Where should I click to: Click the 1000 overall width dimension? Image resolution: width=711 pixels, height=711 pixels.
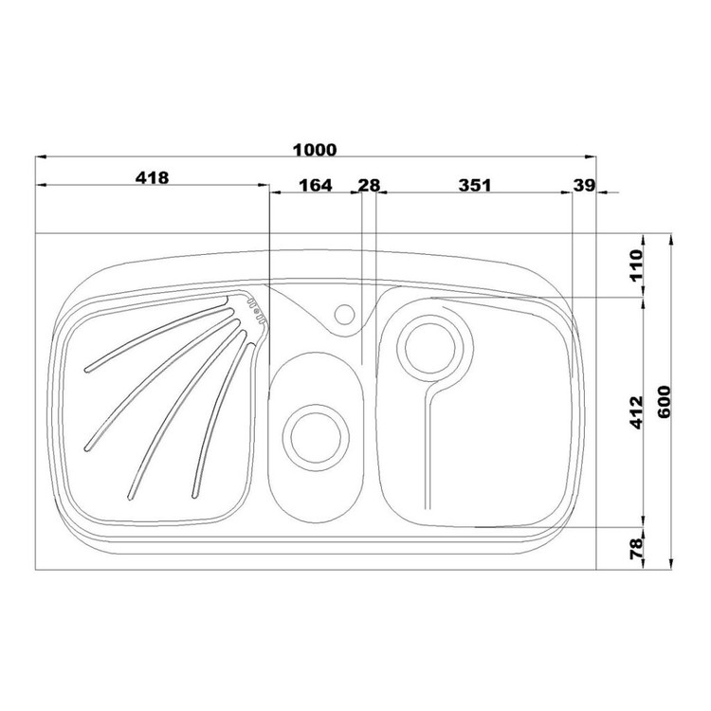(315, 150)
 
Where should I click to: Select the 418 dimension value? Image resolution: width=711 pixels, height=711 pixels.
(152, 177)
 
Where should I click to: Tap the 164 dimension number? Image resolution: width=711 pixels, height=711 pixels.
(316, 185)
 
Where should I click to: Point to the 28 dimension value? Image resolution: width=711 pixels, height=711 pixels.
(369, 185)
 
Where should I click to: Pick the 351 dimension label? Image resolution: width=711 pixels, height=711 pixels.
(475, 185)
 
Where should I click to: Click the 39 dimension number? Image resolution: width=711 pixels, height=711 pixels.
(584, 185)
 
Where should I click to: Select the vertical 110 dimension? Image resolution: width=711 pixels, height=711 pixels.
(636, 265)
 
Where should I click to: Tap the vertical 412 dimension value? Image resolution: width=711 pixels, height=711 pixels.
(636, 412)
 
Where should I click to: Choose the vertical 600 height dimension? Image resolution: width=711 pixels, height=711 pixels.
(663, 402)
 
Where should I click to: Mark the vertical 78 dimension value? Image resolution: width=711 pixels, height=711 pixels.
(636, 549)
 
